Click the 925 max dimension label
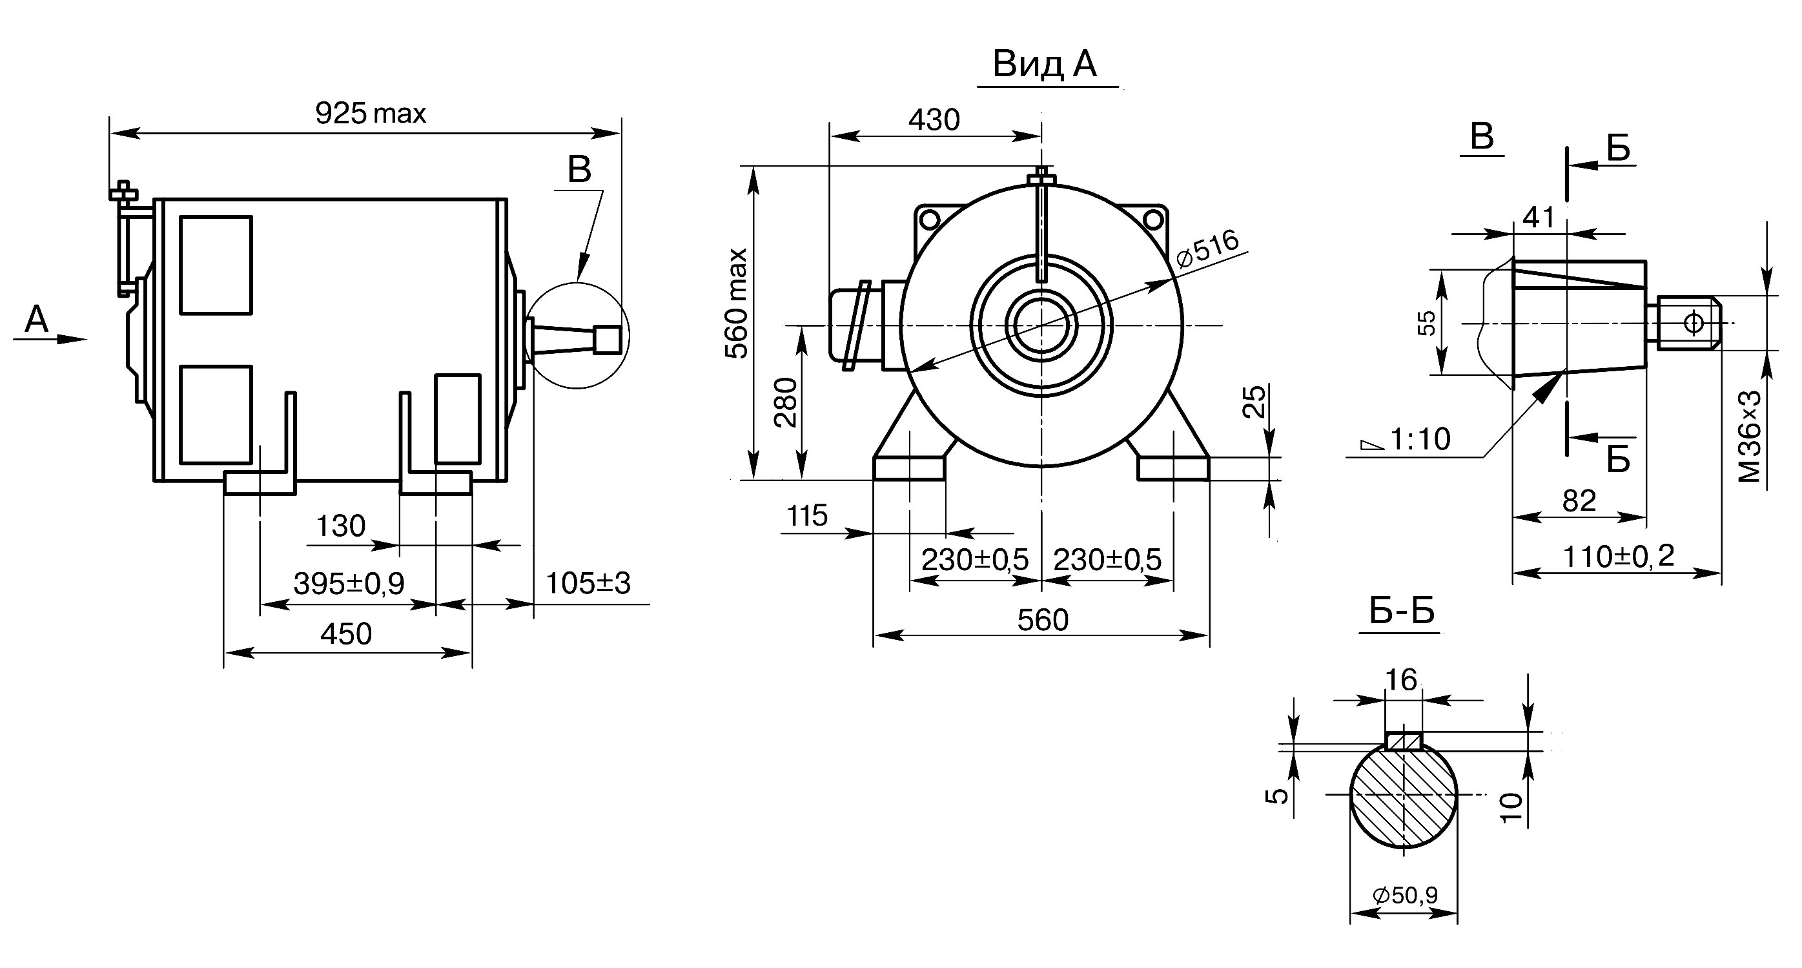(370, 113)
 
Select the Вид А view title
(1045, 64)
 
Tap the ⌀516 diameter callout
(1208, 248)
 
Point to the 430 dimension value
(935, 120)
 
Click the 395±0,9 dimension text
(349, 583)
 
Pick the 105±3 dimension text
(588, 582)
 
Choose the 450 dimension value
(346, 633)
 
